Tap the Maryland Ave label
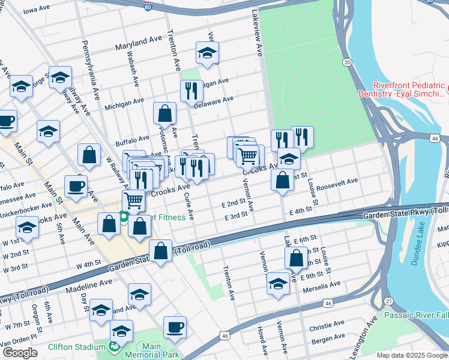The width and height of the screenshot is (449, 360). pyautogui.click(x=139, y=43)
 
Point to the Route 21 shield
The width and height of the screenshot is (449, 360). pyautogui.click(x=389, y=301)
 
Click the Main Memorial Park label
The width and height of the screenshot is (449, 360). pyautogui.click(x=152, y=350)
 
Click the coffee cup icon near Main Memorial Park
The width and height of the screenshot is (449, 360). pyautogui.click(x=175, y=327)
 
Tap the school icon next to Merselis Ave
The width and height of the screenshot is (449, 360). pyautogui.click(x=278, y=283)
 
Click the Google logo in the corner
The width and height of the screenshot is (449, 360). pyautogui.click(x=20, y=353)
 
